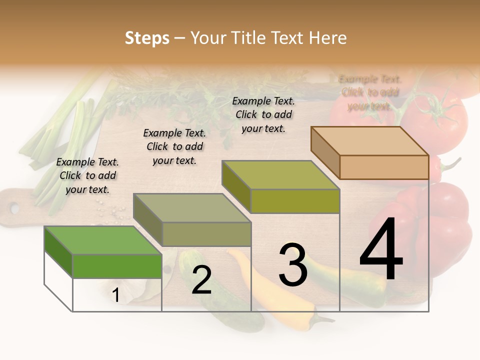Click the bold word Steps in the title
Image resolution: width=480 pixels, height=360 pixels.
pos(146,38)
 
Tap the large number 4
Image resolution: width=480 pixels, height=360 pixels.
pos(381,249)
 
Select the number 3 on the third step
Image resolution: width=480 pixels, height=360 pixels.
pos(293,265)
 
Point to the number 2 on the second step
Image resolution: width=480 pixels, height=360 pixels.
pos(201,280)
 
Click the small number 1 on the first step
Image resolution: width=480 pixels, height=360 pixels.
pos(116,295)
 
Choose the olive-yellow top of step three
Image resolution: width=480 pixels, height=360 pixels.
pos(280,175)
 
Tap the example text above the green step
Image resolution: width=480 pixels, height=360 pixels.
pos(87,175)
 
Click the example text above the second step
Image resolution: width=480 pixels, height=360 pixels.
pos(174,146)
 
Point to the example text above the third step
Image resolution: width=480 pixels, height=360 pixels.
pos(263,114)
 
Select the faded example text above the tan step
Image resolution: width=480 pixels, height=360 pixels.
pos(370,92)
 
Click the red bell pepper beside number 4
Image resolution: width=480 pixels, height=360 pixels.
pos(445,225)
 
